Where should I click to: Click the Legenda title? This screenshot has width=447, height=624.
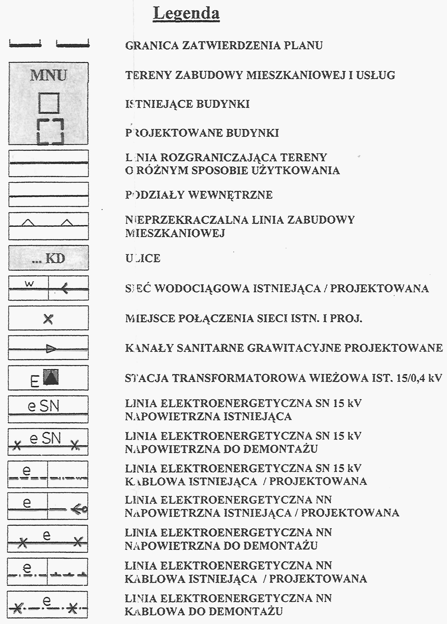pyautogui.click(x=186, y=13)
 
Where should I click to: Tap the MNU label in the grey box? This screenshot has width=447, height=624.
pyautogui.click(x=48, y=75)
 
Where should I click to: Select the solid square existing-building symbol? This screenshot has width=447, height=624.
pyautogui.click(x=49, y=103)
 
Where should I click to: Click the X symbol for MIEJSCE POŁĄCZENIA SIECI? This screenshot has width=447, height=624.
pyautogui.click(x=48, y=319)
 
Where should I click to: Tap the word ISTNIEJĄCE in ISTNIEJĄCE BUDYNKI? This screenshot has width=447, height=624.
pyautogui.click(x=159, y=104)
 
